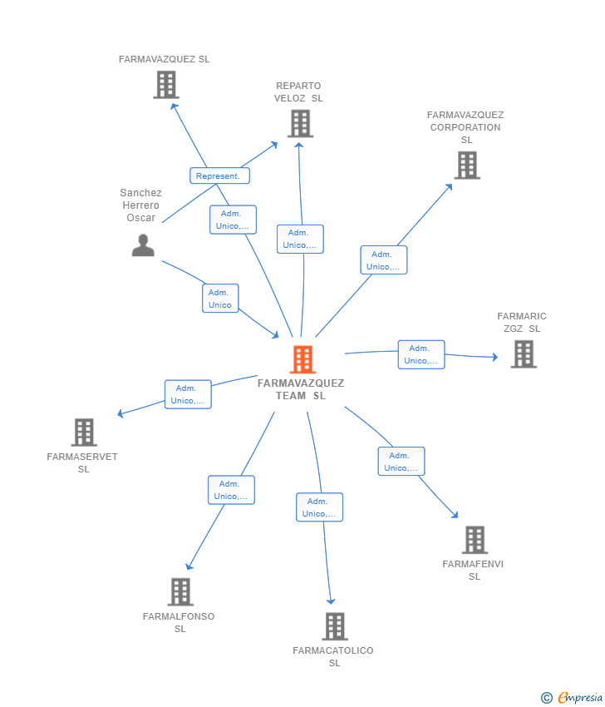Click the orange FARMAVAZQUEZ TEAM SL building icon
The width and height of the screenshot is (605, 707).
pyautogui.click(x=302, y=359)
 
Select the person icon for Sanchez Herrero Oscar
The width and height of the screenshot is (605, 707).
pyautogui.click(x=143, y=245)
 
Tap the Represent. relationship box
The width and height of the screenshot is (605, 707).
pyautogui.click(x=220, y=176)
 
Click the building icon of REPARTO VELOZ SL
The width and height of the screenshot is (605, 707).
pyautogui.click(x=301, y=124)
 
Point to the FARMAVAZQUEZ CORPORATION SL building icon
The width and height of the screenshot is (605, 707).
pyautogui.click(x=467, y=166)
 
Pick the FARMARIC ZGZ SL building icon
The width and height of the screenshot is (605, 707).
pyautogui.click(x=524, y=354)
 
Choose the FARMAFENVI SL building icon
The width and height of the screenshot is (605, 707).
pyautogui.click(x=475, y=540)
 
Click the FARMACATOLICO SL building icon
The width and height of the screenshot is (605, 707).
pyautogui.click(x=335, y=626)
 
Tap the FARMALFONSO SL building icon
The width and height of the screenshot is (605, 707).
pyautogui.click(x=180, y=591)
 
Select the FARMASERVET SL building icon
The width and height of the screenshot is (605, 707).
pyautogui.click(x=84, y=433)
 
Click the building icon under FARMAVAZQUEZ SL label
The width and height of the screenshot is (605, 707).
pyautogui.click(x=166, y=85)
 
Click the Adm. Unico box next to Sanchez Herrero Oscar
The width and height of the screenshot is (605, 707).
pyautogui.click(x=220, y=299)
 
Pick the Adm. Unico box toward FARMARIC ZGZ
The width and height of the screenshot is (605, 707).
pyautogui.click(x=421, y=355)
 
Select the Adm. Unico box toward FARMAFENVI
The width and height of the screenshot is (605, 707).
pyautogui.click(x=401, y=462)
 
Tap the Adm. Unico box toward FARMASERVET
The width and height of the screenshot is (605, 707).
pyautogui.click(x=188, y=394)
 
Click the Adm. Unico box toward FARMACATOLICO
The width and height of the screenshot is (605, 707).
pyautogui.click(x=319, y=507)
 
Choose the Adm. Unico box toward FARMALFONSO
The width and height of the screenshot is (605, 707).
pyautogui.click(x=231, y=490)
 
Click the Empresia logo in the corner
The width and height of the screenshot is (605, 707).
pyautogui.click(x=572, y=697)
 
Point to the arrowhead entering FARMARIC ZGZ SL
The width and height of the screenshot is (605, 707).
pyautogui.click(x=495, y=357)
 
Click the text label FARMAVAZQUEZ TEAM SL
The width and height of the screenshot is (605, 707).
pyautogui.click(x=301, y=389)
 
